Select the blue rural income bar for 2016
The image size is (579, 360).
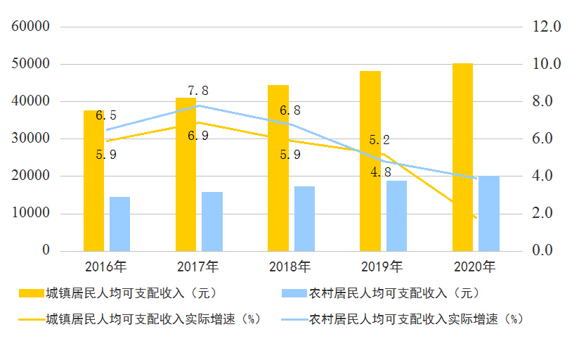click(x=119, y=224)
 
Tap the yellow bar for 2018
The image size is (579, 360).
click(x=278, y=168)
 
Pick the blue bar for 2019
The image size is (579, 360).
click(x=396, y=216)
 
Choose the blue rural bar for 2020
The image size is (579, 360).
click(x=489, y=213)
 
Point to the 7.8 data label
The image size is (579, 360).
click(x=198, y=91)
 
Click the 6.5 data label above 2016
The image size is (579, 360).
click(x=106, y=116)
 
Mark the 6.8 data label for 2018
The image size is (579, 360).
click(x=290, y=110)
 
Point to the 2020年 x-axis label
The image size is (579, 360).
click(x=474, y=267)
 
